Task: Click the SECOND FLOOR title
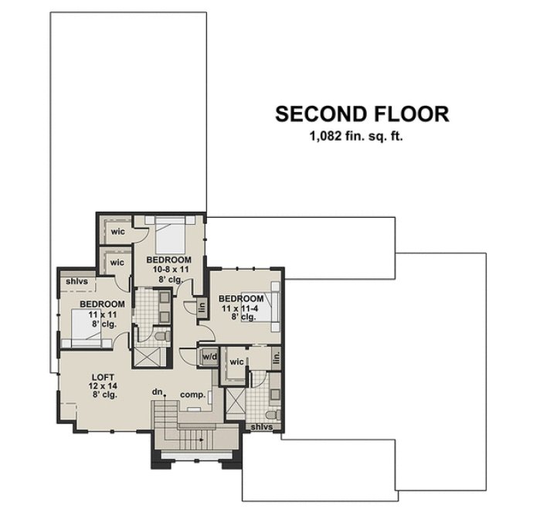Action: click(x=362, y=114)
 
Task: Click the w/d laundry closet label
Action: click(x=209, y=357)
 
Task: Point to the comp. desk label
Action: click(x=192, y=395)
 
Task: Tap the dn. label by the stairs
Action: click(x=158, y=392)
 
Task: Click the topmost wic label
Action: click(x=117, y=231)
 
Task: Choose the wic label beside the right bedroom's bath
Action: click(x=236, y=361)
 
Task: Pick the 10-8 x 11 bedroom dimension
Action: click(x=168, y=270)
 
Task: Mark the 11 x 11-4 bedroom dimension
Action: click(x=239, y=308)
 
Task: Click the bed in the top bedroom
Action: click(x=176, y=232)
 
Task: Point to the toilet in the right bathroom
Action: click(x=272, y=414)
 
